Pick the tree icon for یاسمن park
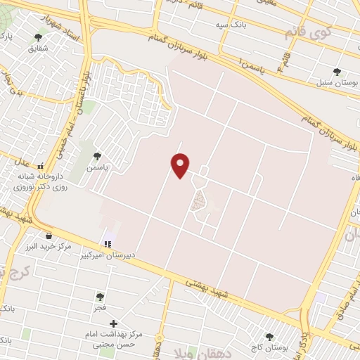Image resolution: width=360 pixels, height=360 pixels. click(96, 155)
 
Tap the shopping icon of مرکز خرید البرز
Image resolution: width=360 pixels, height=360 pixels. click(48, 236)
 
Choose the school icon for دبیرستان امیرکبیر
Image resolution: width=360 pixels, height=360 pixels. click(108, 245)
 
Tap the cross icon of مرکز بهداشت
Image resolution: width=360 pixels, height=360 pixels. click(114, 323)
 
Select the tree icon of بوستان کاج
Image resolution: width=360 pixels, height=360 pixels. click(269, 337)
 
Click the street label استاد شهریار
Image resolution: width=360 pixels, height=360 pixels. click(56, 25)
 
